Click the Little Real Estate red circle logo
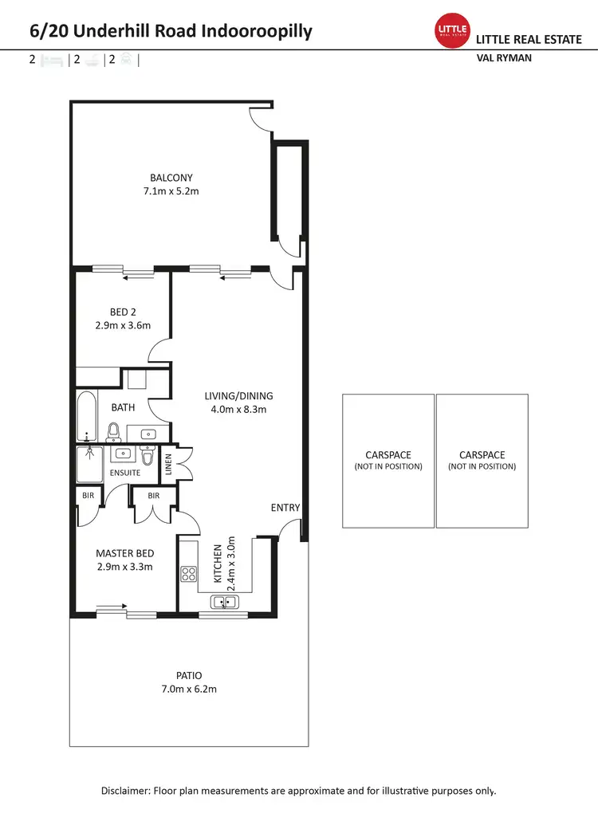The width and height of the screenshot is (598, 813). pyautogui.click(x=450, y=30)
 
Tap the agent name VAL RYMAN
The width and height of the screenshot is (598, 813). pyautogui.click(x=504, y=58)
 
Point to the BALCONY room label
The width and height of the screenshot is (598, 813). pyautogui.click(x=171, y=178)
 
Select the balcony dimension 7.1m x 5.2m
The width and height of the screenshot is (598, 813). pyautogui.click(x=171, y=191)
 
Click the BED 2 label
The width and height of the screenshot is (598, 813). pyautogui.click(x=123, y=312)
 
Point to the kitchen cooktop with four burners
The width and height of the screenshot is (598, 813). pyautogui.click(x=189, y=573)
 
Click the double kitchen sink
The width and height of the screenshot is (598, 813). pyautogui.click(x=223, y=603)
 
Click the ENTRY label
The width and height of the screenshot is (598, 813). pyautogui.click(x=285, y=508)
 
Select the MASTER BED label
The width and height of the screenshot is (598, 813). pyautogui.click(x=124, y=553)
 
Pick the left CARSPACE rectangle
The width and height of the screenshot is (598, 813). pyautogui.click(x=388, y=461)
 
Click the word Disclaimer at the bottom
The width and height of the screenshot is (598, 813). pyautogui.click(x=128, y=791)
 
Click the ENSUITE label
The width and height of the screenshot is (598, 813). pyautogui.click(x=124, y=473)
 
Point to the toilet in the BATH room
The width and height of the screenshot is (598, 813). pyautogui.click(x=113, y=431)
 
